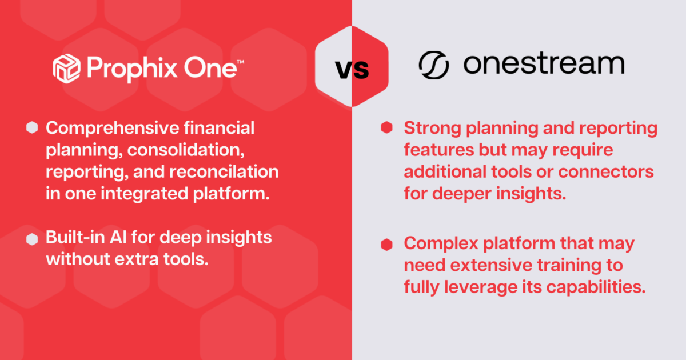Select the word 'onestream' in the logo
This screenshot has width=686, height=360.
(x=543, y=65)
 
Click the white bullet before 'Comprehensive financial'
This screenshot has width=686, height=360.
(x=32, y=128)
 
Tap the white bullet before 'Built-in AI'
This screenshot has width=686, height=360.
(x=32, y=239)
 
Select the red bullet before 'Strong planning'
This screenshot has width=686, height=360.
(x=387, y=128)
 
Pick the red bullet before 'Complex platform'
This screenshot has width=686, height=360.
(x=387, y=245)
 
